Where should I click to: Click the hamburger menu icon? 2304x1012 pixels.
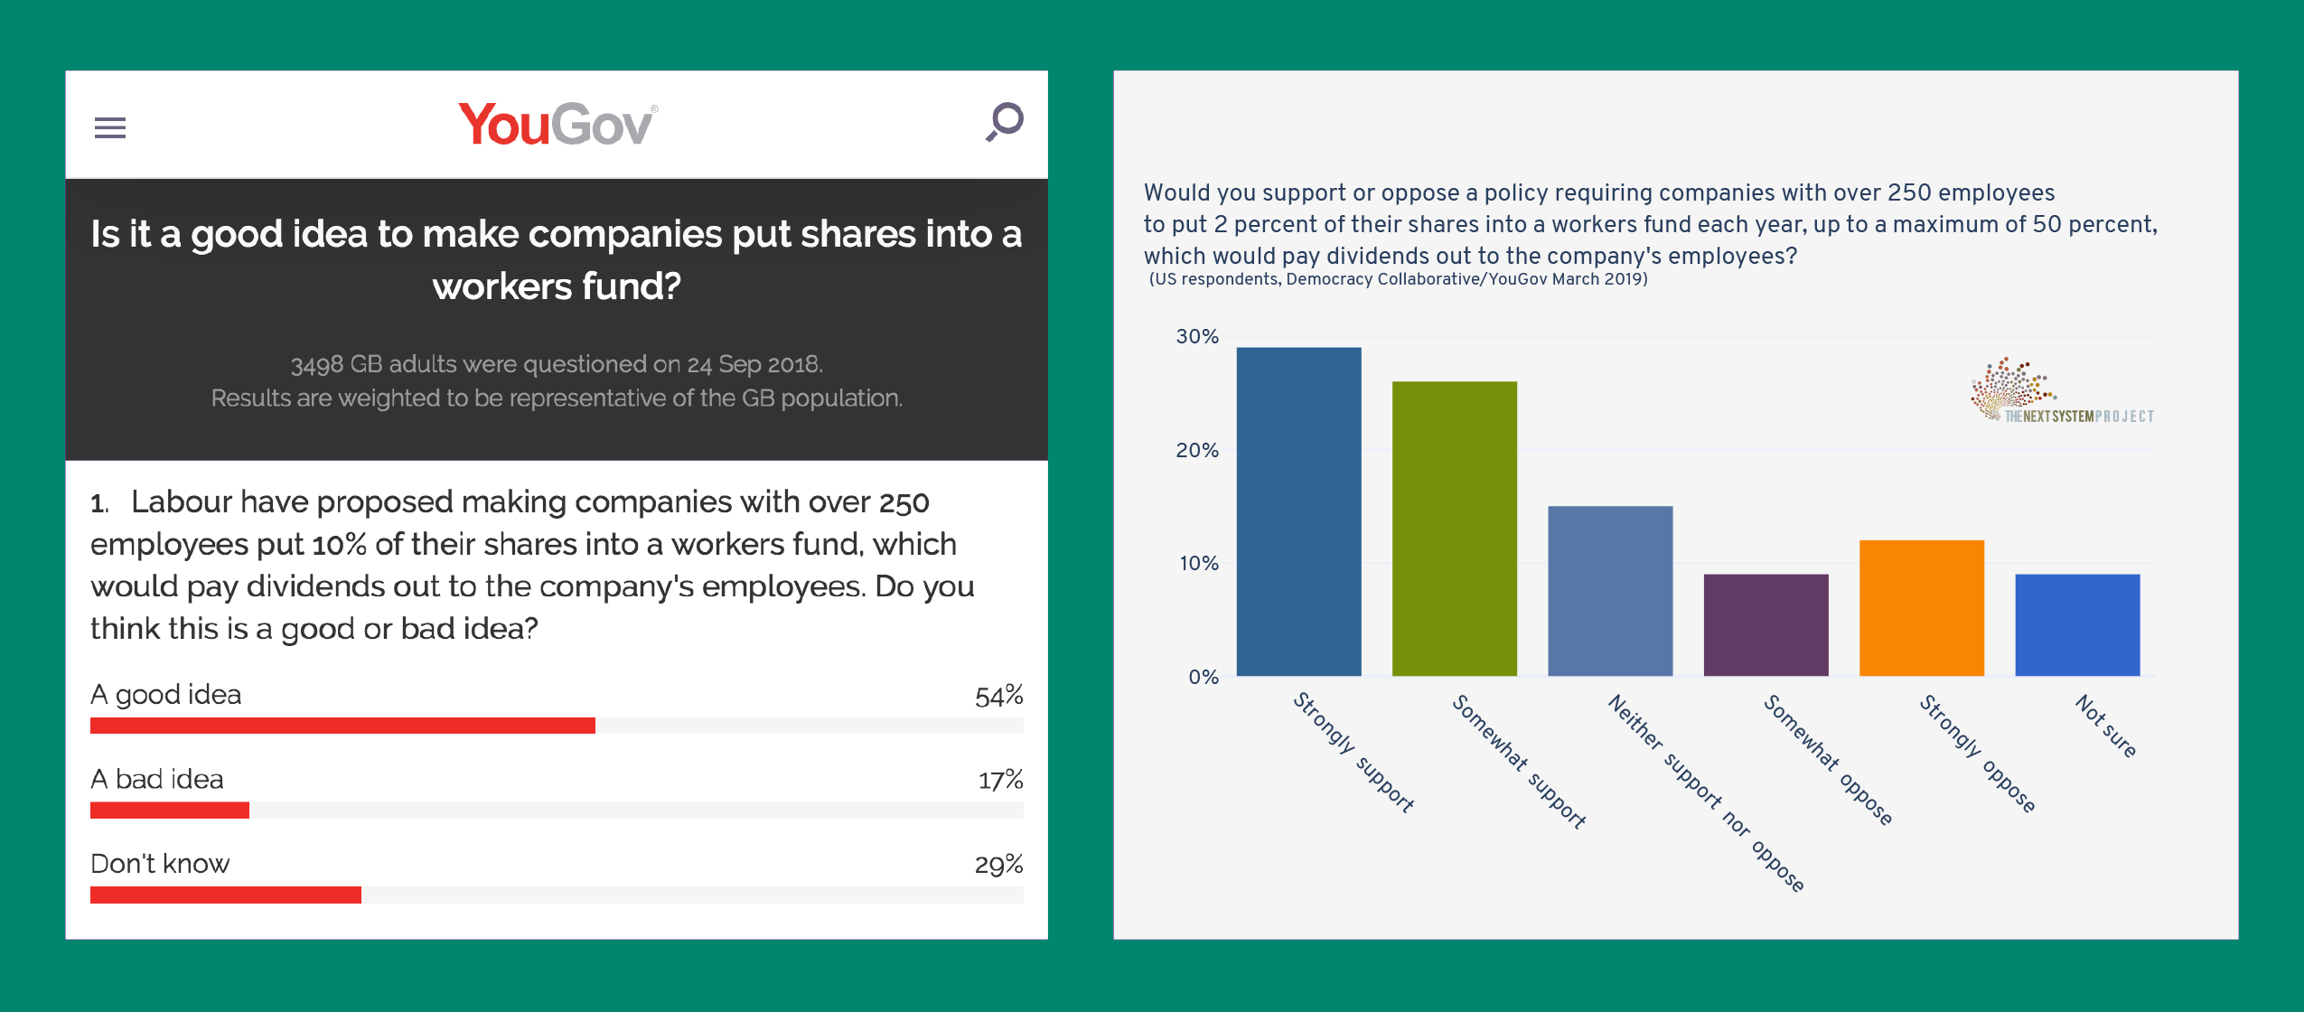pyautogui.click(x=110, y=127)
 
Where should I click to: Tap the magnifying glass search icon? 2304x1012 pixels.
pyautogui.click(x=1005, y=121)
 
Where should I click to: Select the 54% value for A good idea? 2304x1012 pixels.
pyautogui.click(x=998, y=696)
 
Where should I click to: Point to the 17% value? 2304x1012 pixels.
pyautogui.click(x=1000, y=780)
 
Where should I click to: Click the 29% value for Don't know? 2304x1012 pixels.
pyautogui.click(x=998, y=865)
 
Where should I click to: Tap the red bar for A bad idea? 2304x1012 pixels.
pyautogui.click(x=170, y=811)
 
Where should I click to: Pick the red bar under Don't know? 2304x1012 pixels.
pyautogui.click(x=226, y=895)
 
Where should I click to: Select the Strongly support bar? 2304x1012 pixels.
pyautogui.click(x=1298, y=511)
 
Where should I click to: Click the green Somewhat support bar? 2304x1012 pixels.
pyautogui.click(x=1454, y=529)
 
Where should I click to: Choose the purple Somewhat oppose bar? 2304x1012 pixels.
pyautogui.click(x=1765, y=625)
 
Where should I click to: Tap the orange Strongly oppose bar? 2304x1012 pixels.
pyautogui.click(x=1921, y=608)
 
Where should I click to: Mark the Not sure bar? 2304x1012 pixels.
pyautogui.click(x=2076, y=625)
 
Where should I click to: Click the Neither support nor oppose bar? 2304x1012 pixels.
pyautogui.click(x=1609, y=591)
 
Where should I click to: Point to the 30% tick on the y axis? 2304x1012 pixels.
pyautogui.click(x=1197, y=337)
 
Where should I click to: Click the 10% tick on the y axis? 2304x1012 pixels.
pyautogui.click(x=1198, y=564)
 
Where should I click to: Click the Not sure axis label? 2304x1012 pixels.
pyautogui.click(x=2105, y=726)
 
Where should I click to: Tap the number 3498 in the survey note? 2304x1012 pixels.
pyautogui.click(x=316, y=365)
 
